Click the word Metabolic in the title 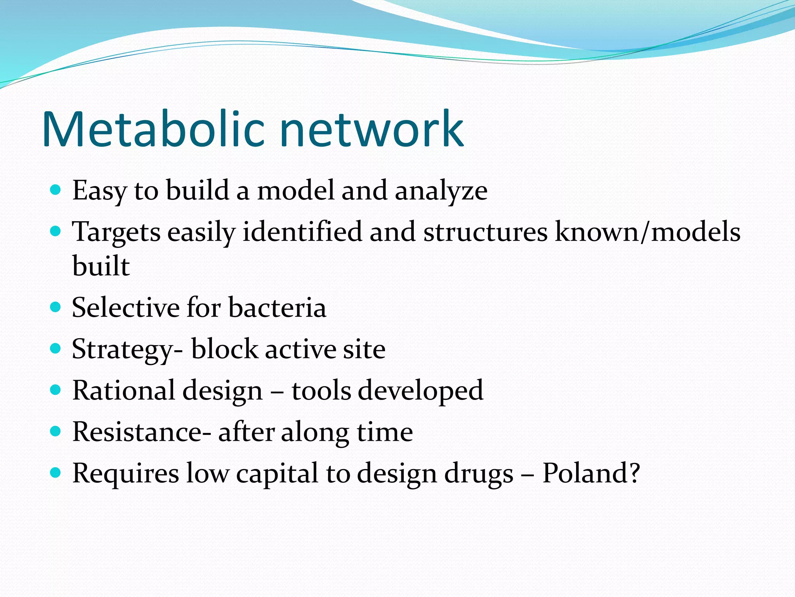pos(154,129)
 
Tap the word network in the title pos(371,129)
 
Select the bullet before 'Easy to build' pos(56,190)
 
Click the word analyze pos(441,191)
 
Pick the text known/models pos(647,232)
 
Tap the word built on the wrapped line pos(101,267)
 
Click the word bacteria pos(277,308)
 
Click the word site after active pos(364,349)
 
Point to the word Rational pos(123,390)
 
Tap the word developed pos(420,391)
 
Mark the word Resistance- pos(142,432)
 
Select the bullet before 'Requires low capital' pos(56,473)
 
